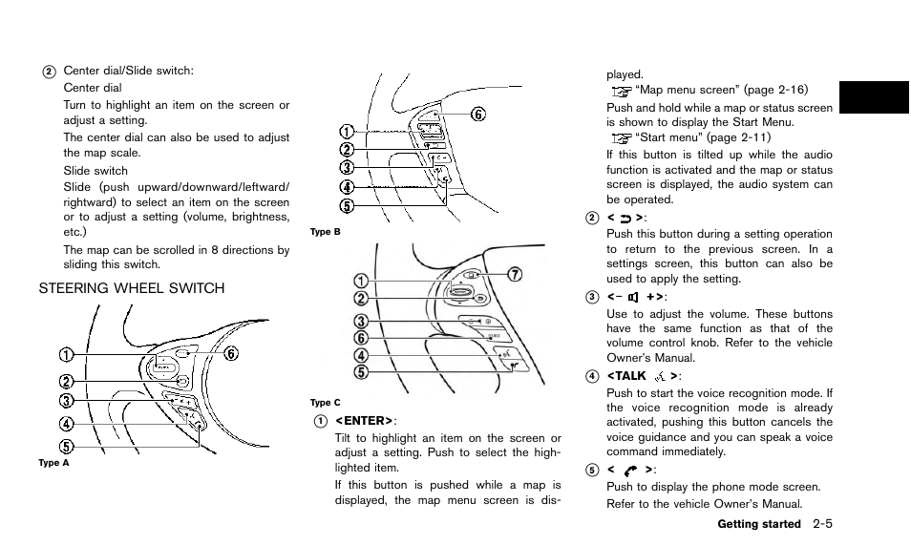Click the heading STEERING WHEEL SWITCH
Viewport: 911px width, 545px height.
132,288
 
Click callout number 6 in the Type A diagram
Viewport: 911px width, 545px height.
231,354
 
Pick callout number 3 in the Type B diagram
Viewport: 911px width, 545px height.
348,168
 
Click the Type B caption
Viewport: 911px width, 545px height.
326,232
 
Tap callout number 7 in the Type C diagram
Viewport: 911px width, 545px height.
515,275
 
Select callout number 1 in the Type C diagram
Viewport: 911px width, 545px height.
360,281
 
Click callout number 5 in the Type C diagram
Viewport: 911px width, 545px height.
360,371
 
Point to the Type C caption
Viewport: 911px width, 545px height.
326,403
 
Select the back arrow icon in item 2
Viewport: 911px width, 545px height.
631,218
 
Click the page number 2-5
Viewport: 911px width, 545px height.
830,524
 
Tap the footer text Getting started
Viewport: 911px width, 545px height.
757,525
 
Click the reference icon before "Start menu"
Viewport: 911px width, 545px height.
622,137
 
